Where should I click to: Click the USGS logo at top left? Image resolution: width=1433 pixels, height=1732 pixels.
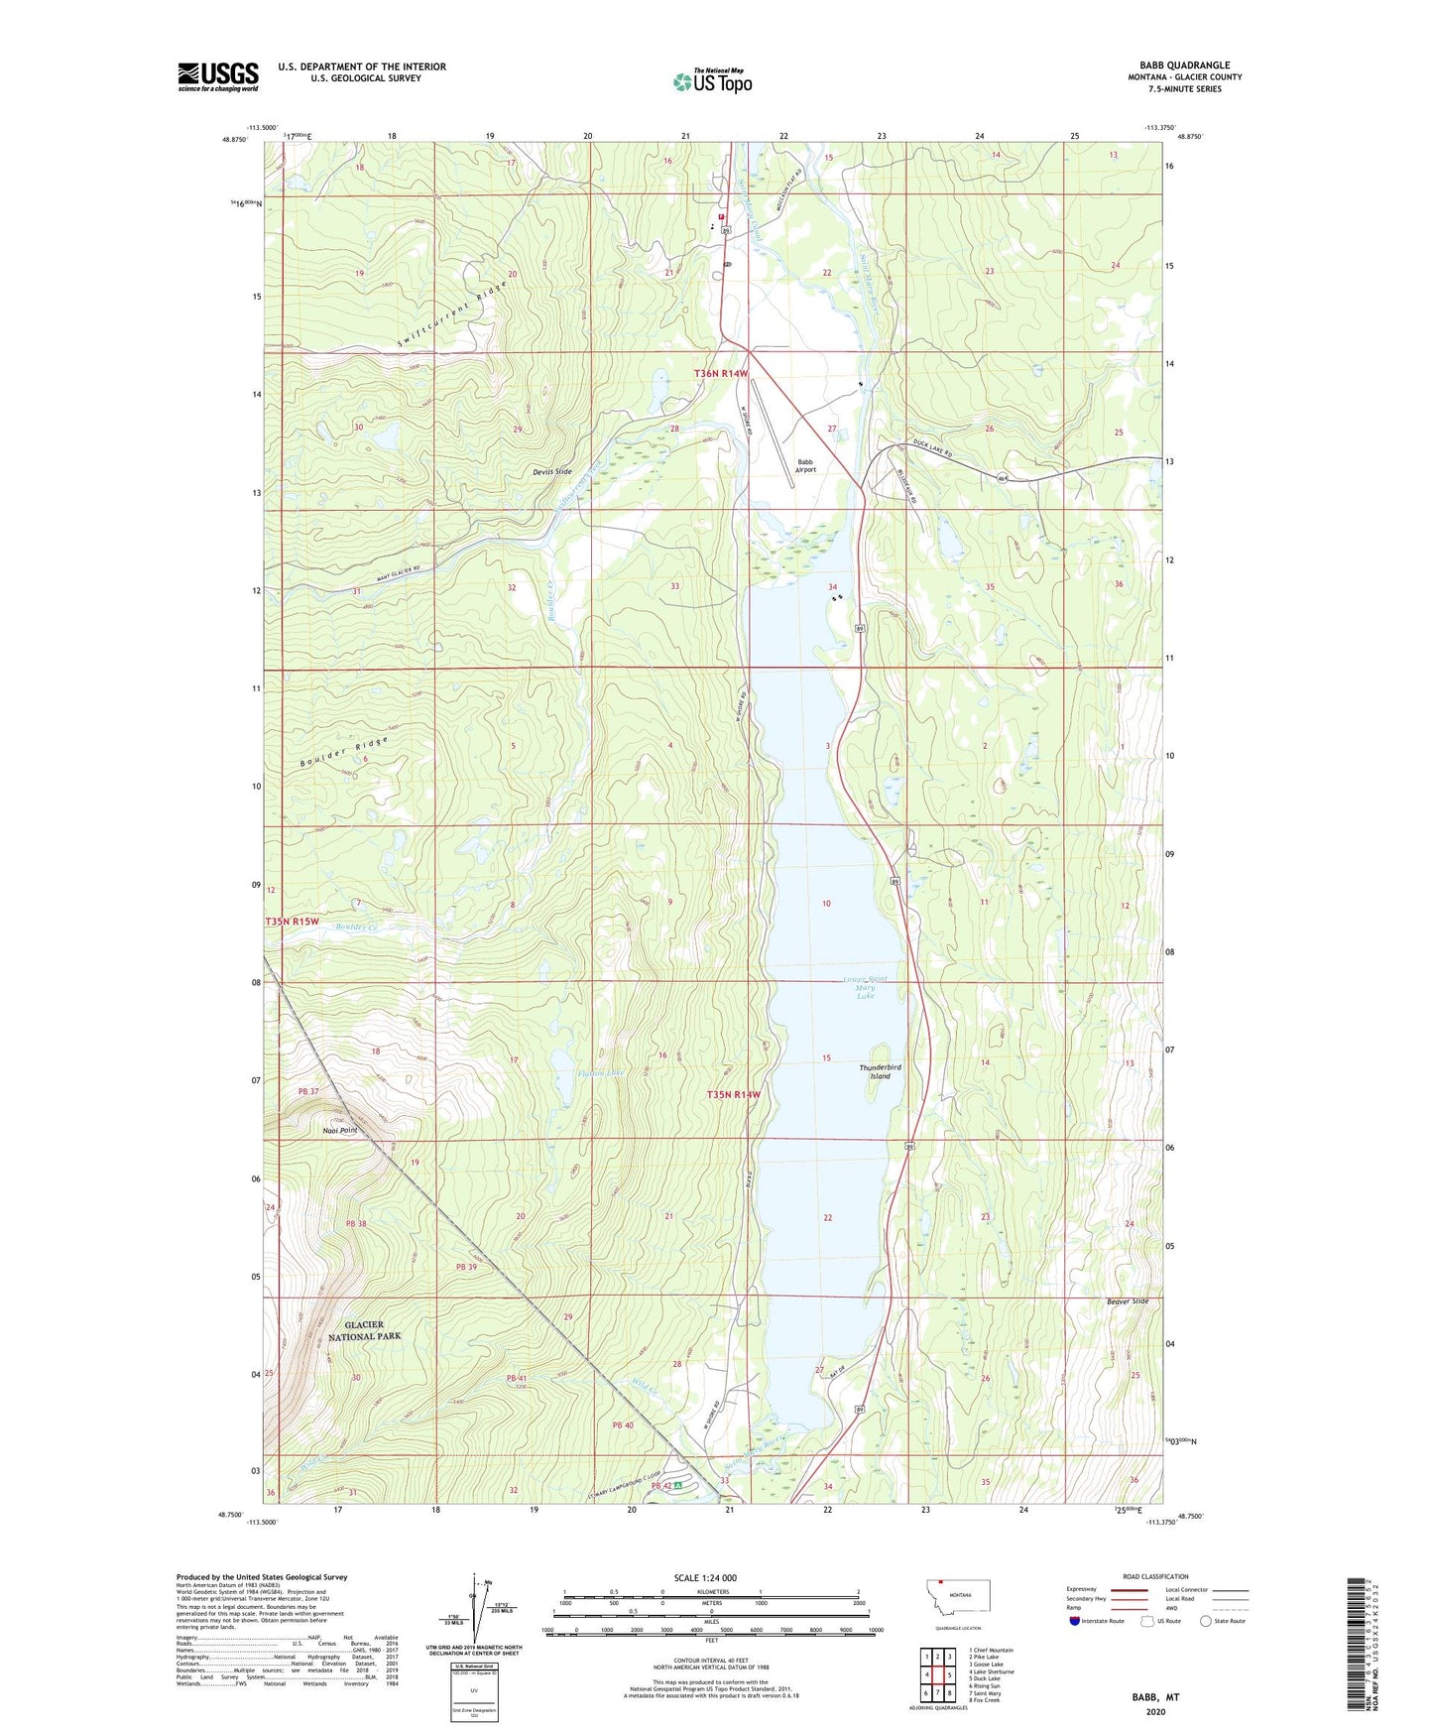pyautogui.click(x=218, y=76)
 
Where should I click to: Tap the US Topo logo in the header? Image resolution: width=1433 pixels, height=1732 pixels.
pyautogui.click(x=712, y=81)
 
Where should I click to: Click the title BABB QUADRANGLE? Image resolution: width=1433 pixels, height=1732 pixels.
pyautogui.click(x=1184, y=65)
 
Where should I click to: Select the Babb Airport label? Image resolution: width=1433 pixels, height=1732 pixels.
pyautogui.click(x=805, y=465)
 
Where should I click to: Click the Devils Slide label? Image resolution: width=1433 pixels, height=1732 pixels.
pyautogui.click(x=551, y=471)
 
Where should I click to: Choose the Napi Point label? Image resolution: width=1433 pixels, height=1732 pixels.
pyautogui.click(x=339, y=1130)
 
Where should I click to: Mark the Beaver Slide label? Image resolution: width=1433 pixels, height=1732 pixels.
pyautogui.click(x=1127, y=1300)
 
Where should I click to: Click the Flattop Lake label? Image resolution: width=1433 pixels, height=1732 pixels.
pyautogui.click(x=602, y=1073)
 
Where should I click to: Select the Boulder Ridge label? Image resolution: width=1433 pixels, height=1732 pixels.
pyautogui.click(x=342, y=753)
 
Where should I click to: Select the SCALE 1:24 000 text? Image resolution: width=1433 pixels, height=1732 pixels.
pyautogui.click(x=705, y=1577)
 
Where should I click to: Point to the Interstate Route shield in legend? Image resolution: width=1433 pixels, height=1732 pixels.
pyautogui.click(x=1075, y=1621)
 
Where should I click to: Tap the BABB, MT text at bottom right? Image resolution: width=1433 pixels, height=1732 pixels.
pyautogui.click(x=1155, y=1697)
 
